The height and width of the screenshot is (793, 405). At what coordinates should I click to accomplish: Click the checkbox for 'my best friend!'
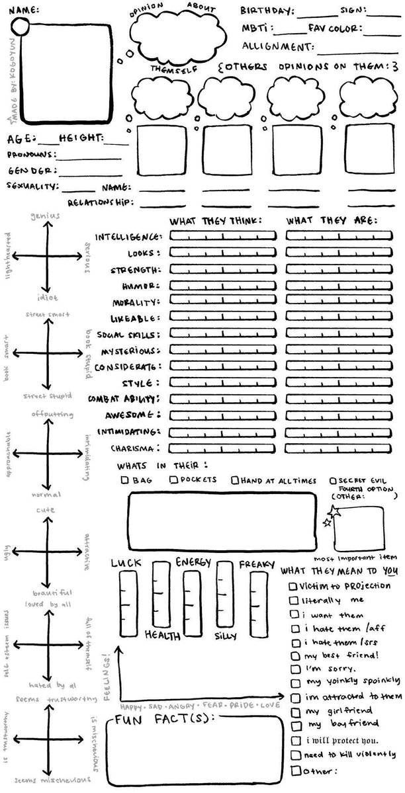293,655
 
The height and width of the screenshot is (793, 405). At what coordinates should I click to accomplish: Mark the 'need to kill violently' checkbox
293,755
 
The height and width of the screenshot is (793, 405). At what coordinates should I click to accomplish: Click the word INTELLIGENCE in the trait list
128,236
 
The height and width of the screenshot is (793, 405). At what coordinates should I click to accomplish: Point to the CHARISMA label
138,448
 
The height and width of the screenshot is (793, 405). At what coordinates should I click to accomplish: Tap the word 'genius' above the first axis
45,216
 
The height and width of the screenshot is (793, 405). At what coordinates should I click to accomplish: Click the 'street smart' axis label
48,314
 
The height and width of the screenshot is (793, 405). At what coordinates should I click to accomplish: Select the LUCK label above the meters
126,563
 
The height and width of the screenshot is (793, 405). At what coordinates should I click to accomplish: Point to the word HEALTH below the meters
163,635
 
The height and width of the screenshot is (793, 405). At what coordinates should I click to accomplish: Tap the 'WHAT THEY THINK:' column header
215,220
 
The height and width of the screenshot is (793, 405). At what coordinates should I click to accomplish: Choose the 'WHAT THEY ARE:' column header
332,220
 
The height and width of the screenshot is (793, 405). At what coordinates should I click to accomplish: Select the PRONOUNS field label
30,155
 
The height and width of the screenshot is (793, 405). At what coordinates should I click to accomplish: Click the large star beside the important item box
335,510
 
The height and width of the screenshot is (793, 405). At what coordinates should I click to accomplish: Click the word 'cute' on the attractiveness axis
46,510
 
